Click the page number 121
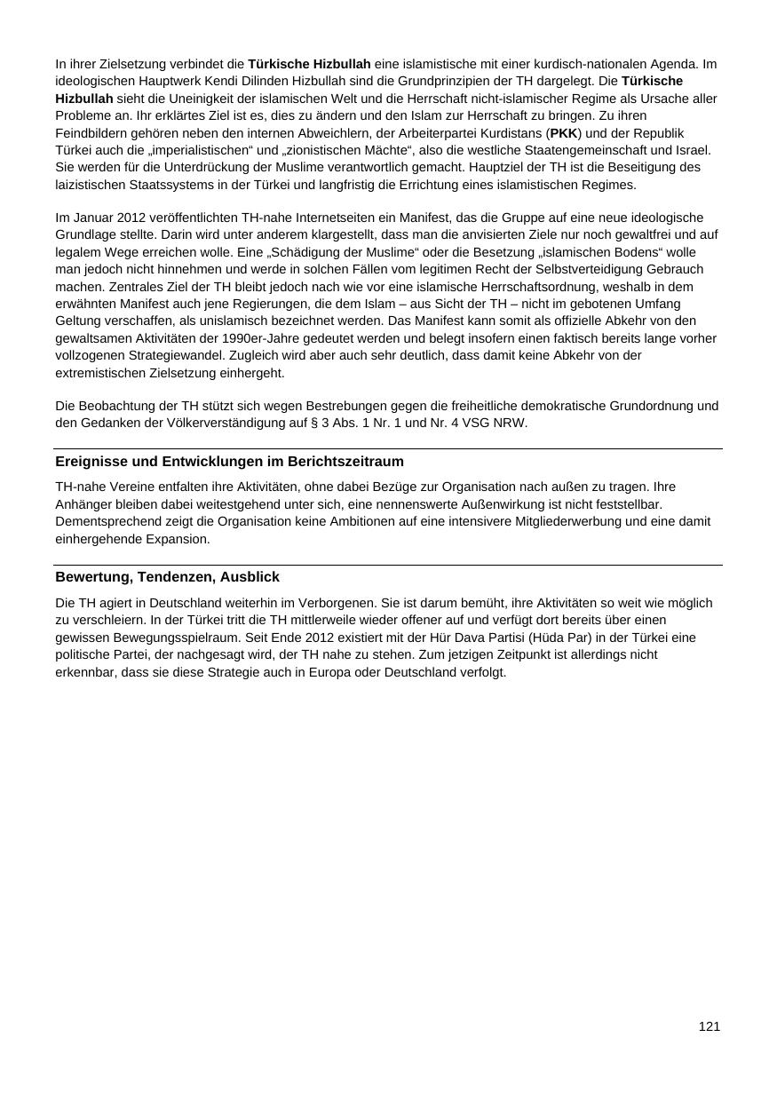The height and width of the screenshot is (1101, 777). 709,1026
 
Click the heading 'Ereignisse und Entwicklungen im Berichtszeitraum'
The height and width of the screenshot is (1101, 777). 229,462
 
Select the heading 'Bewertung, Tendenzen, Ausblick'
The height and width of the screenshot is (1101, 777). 167,577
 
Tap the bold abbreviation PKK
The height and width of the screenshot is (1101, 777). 564,133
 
